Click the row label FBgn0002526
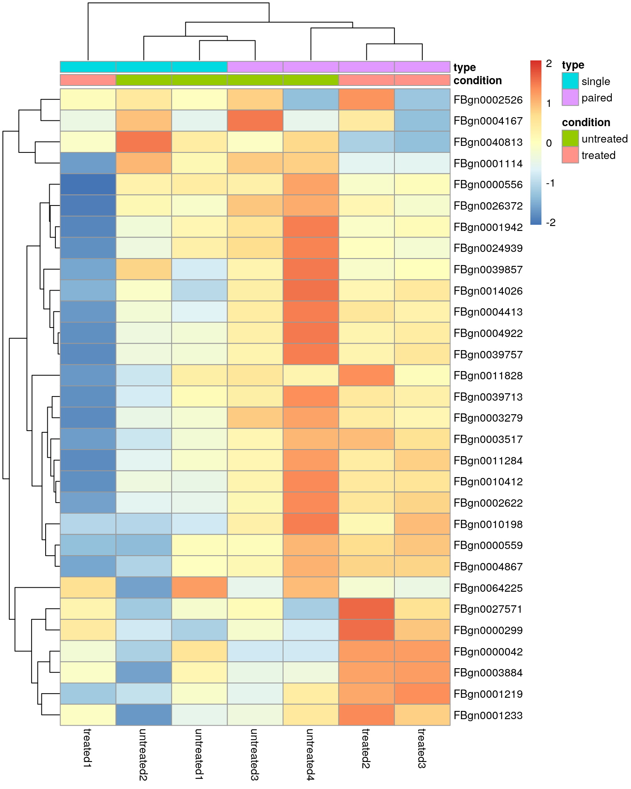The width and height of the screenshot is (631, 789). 488,100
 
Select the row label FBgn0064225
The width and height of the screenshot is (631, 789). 488,588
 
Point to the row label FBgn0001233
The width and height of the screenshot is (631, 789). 488,715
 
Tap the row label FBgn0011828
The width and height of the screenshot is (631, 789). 488,376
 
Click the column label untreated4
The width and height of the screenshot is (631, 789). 310,754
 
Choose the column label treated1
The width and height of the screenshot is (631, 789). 88,748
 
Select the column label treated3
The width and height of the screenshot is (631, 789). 422,748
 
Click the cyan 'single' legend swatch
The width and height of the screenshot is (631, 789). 570,81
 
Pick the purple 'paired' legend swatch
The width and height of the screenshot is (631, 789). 570,97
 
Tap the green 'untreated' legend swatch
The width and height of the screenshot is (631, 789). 570,138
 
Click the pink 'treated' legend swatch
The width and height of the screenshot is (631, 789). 570,155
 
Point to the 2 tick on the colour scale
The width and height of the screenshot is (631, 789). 549,64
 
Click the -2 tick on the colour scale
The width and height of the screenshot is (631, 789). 550,222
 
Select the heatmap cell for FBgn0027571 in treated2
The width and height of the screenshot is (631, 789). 366,609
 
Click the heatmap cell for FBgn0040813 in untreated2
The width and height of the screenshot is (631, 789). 144,142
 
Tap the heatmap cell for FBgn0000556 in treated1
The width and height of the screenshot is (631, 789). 88,185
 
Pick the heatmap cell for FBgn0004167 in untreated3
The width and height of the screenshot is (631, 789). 255,120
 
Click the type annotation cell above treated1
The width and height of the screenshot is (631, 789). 88,67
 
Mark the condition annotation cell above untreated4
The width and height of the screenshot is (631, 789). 311,80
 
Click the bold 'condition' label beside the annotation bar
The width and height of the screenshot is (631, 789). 477,81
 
